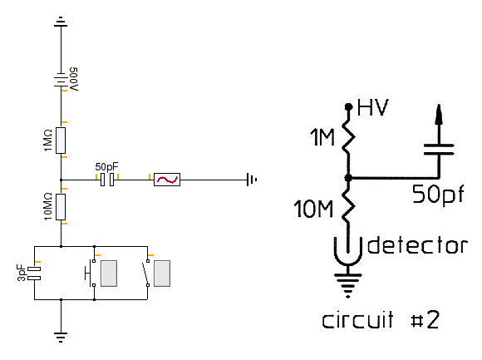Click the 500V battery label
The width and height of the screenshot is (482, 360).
[x=74, y=79]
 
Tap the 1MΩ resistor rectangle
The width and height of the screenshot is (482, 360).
[x=61, y=141]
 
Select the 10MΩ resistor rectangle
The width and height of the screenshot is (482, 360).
[x=61, y=207]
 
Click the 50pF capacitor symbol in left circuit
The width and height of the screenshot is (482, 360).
[x=107, y=180]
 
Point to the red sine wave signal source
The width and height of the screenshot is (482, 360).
[x=167, y=180]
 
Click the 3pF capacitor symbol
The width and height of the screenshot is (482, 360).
[x=34, y=274]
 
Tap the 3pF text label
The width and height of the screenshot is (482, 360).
[x=22, y=273]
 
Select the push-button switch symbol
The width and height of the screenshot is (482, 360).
[x=90, y=274]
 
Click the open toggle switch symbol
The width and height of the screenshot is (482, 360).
[x=146, y=274]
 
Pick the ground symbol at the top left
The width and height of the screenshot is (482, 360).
[x=61, y=22]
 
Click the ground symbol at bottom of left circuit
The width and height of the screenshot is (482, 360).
[x=61, y=337]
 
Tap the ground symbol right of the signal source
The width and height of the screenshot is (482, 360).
[x=252, y=180]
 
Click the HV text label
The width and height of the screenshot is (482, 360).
[x=373, y=107]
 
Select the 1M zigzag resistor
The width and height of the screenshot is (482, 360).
[x=348, y=137]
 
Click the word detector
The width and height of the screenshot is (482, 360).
[x=417, y=245]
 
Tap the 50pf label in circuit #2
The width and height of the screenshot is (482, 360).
[x=438, y=194]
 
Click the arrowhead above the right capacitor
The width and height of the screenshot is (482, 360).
[x=439, y=115]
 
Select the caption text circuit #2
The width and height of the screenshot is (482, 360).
[x=381, y=320]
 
